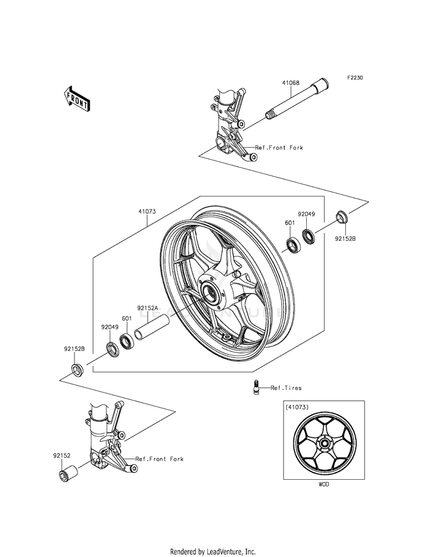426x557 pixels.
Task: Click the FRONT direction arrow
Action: (76, 98)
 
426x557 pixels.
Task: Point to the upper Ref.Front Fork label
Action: (279, 148)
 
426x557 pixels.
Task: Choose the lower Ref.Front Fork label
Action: (159, 458)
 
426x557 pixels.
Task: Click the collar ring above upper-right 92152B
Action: (342, 216)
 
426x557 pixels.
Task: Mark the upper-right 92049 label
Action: (307, 215)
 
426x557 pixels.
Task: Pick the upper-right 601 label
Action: (290, 223)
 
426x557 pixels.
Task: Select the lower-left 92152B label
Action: (74, 349)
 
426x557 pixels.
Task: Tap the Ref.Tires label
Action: (286, 388)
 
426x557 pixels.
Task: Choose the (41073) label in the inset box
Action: (297, 407)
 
